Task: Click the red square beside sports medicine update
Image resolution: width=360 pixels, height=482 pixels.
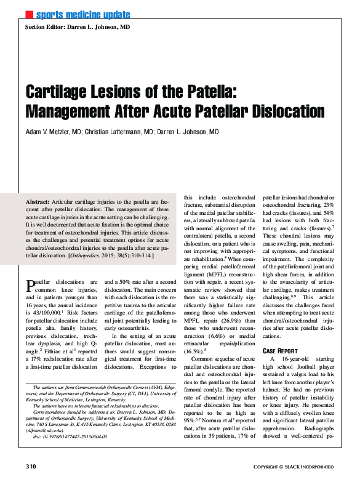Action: tap(28, 14)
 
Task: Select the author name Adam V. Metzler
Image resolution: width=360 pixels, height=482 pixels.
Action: tap(53, 132)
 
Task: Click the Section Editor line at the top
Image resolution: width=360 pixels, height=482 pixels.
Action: tap(77, 28)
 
